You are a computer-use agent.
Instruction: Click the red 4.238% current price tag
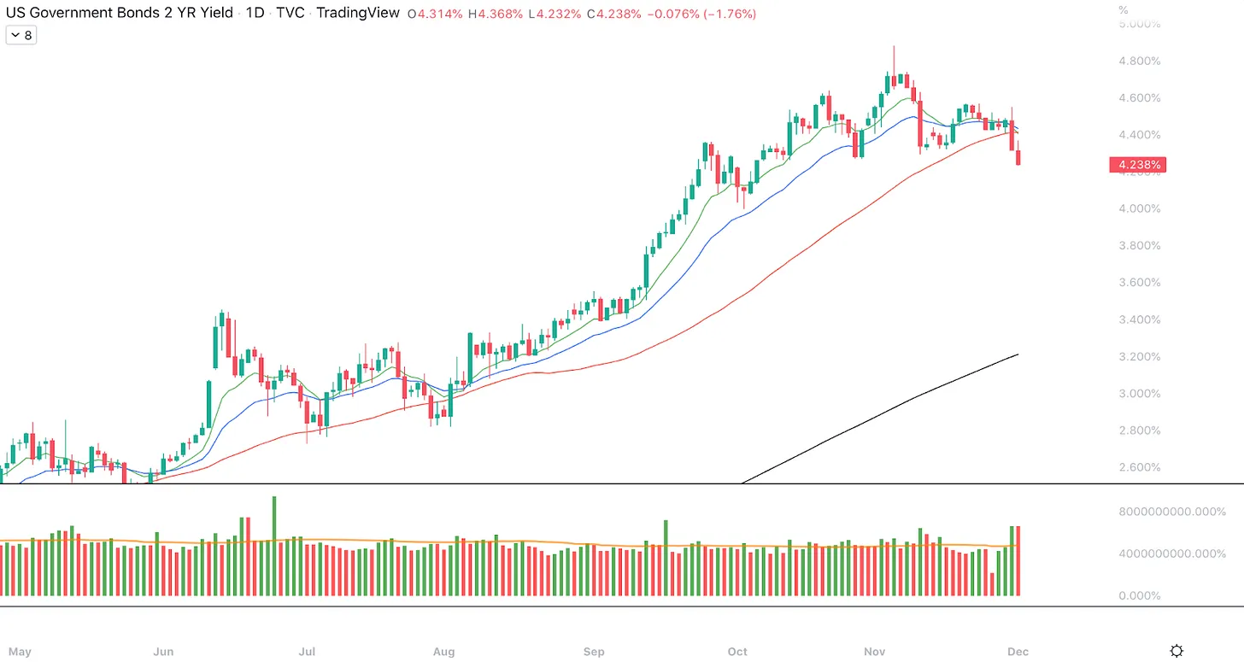(x=1136, y=165)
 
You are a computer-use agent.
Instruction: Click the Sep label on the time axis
(x=594, y=652)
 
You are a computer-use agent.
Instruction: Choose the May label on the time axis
(x=20, y=652)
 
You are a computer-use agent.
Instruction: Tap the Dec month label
(x=1018, y=652)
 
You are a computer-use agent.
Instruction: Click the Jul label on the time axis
(x=307, y=652)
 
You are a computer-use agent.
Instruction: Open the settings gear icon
(x=1177, y=651)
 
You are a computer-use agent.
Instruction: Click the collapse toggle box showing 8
(x=21, y=35)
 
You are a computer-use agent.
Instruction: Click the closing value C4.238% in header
(x=613, y=15)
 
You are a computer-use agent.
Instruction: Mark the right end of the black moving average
(x=1018, y=354)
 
